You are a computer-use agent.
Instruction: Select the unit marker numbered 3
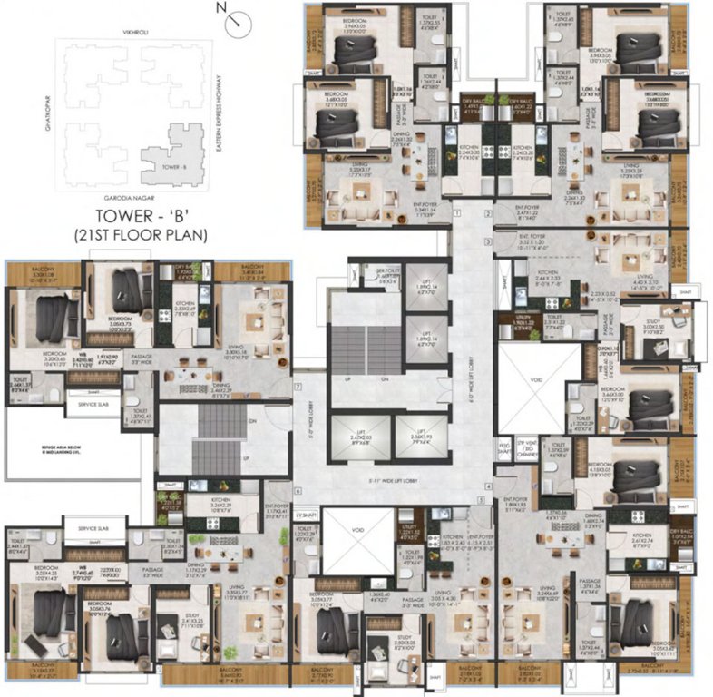[487, 242]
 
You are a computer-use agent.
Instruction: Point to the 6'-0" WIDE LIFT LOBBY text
[474, 363]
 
